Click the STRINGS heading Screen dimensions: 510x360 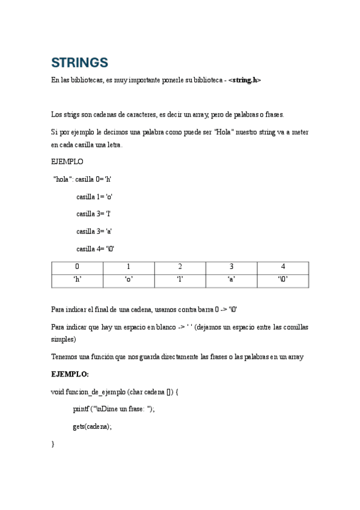pos(79,63)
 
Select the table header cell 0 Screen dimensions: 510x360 pos(77,266)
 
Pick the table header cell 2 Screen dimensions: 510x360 pos(180,266)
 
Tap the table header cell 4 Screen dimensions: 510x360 pos(282,266)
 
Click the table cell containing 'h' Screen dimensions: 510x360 pos(77,280)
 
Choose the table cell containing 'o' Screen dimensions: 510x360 pos(129,280)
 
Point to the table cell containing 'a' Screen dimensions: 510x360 pos(231,280)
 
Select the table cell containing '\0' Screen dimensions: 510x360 pos(282,280)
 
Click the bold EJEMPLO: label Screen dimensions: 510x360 pos(70,374)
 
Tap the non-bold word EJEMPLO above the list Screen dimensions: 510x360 pos(67,162)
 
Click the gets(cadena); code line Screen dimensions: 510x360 pos(93,426)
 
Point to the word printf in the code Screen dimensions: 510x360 pos(81,409)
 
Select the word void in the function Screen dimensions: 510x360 pos(58,392)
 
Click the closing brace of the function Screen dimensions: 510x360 pos(53,444)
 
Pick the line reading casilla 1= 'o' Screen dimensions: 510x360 pos(94,197)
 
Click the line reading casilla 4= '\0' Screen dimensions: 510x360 pos(95,249)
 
